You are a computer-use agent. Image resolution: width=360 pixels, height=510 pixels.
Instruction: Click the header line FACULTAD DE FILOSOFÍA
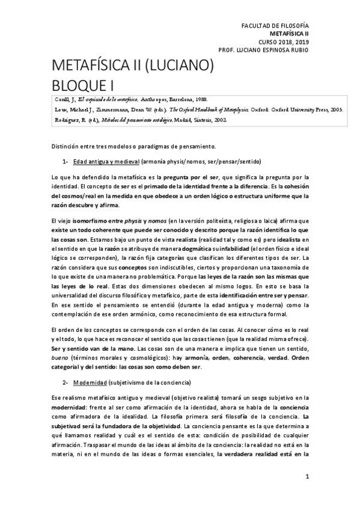coord(274,27)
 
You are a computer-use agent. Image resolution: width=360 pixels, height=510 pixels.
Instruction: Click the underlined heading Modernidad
coord(90,383)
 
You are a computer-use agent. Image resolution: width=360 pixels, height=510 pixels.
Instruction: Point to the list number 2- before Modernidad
coord(65,383)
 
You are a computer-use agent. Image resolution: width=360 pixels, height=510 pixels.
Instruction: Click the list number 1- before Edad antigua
coord(65,162)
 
